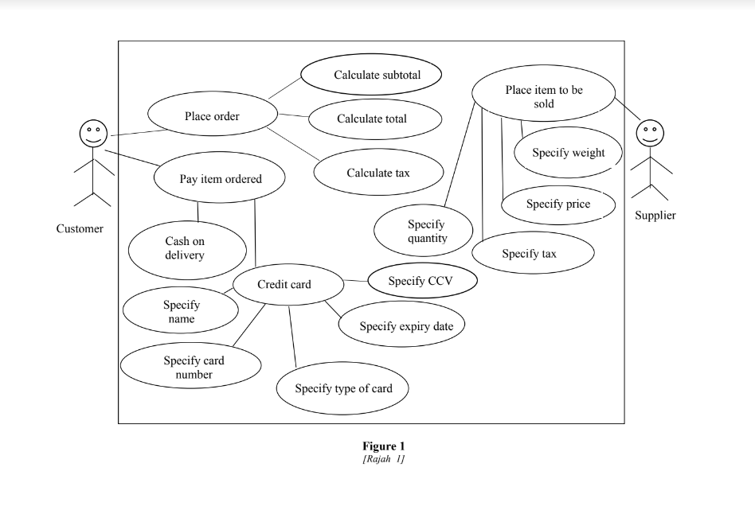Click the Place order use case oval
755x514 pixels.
click(x=212, y=116)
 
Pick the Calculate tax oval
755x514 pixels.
click(x=378, y=173)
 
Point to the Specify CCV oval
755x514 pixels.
click(x=422, y=281)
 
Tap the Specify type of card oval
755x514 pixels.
click(x=342, y=388)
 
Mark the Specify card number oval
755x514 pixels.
click(x=191, y=366)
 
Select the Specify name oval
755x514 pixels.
click(x=182, y=311)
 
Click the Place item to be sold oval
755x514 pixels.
click(x=544, y=95)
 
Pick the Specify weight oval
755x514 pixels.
click(x=569, y=153)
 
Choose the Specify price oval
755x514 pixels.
click(x=558, y=204)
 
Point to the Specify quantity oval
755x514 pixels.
click(x=423, y=231)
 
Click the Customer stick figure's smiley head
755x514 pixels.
click(x=92, y=133)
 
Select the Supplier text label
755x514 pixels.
click(x=655, y=215)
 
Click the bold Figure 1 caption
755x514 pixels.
click(x=383, y=446)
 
